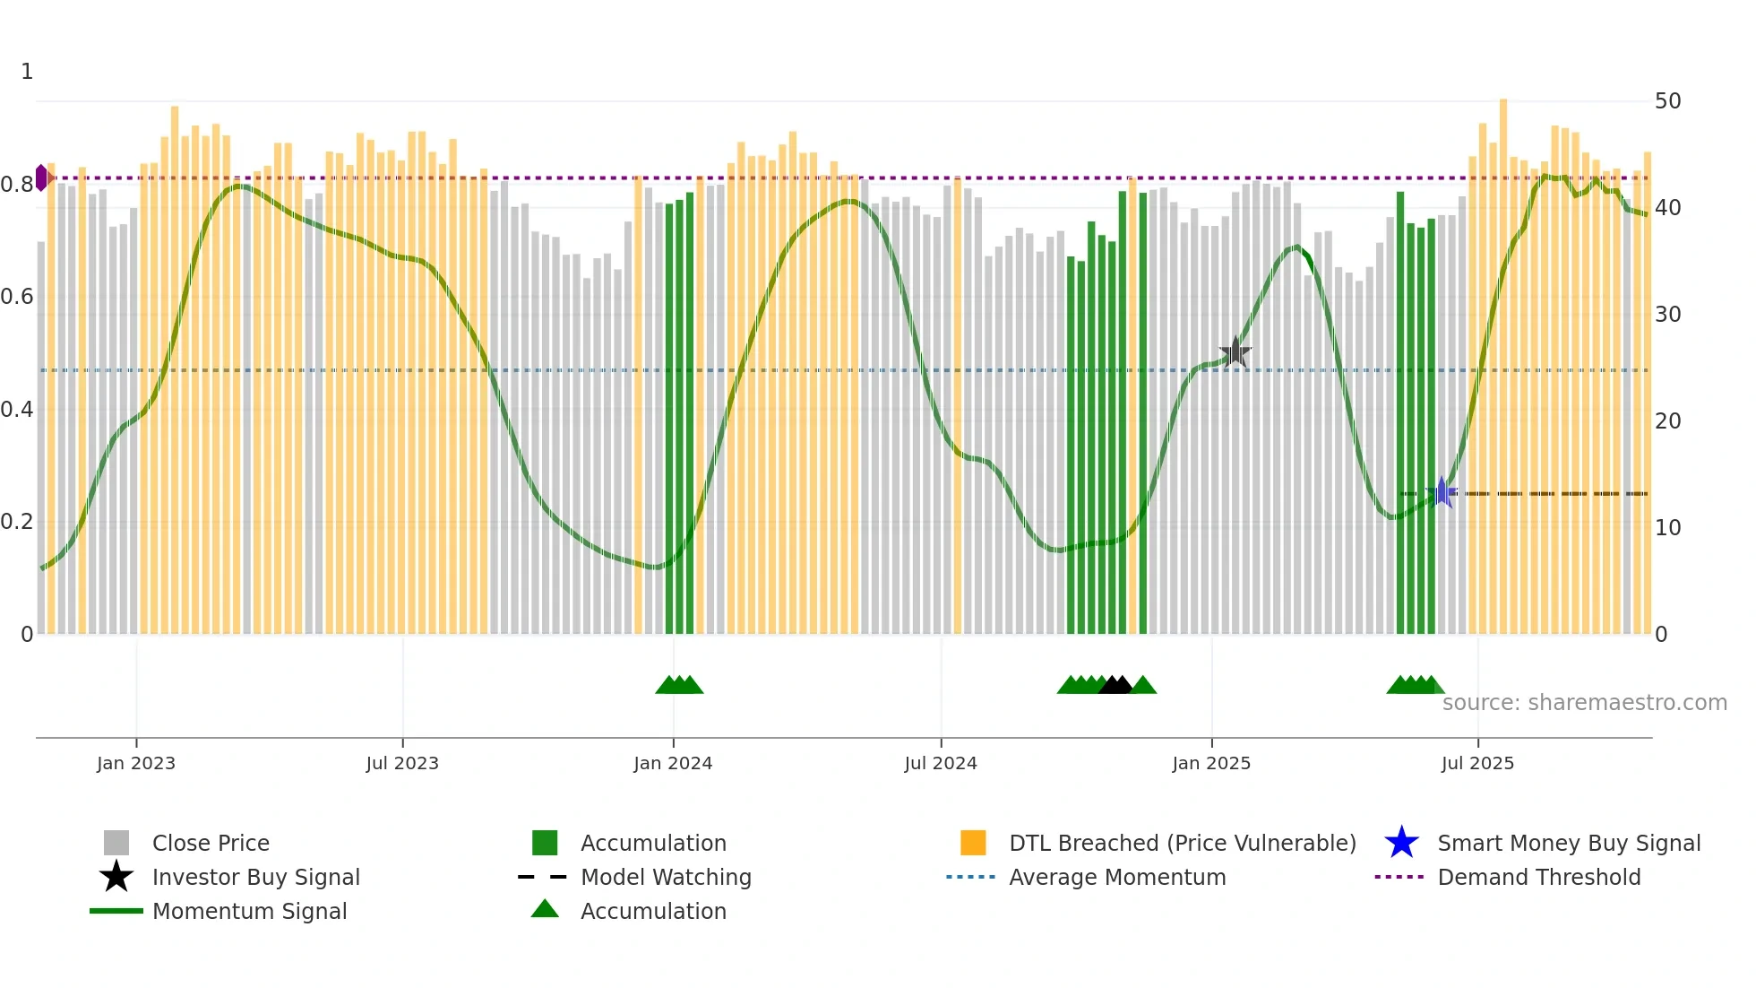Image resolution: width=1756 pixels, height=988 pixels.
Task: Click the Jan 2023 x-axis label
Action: click(x=136, y=763)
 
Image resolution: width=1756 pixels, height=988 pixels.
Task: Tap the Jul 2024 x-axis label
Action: click(x=940, y=763)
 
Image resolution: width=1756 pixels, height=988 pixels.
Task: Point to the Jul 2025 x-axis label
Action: click(x=1477, y=763)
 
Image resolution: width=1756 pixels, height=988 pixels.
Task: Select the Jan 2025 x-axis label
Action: click(x=1211, y=763)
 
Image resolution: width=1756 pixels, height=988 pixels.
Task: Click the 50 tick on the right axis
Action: click(x=1667, y=101)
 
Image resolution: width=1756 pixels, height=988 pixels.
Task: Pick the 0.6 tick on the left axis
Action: click(x=17, y=297)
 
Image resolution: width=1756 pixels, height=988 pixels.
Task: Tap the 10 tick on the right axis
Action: click(x=1667, y=528)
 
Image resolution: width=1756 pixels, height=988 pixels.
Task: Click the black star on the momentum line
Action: click(x=1235, y=351)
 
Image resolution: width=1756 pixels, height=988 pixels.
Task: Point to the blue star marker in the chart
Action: click(x=1442, y=492)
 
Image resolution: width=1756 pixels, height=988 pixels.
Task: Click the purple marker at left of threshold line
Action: click(x=41, y=178)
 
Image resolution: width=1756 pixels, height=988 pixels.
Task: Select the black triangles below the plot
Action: click(x=1115, y=685)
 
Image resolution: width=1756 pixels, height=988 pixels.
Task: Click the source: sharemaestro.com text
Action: click(x=1584, y=703)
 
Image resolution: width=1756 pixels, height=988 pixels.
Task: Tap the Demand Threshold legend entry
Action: click(x=1538, y=877)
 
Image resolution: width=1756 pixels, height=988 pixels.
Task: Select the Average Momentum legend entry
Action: click(x=1116, y=877)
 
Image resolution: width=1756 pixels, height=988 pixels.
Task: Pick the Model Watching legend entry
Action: click(x=665, y=877)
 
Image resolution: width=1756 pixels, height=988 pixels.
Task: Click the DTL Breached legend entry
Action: click(x=1182, y=843)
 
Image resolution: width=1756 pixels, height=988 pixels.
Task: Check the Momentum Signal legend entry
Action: click(x=249, y=911)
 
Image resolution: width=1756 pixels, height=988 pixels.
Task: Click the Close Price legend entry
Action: click(x=211, y=843)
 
